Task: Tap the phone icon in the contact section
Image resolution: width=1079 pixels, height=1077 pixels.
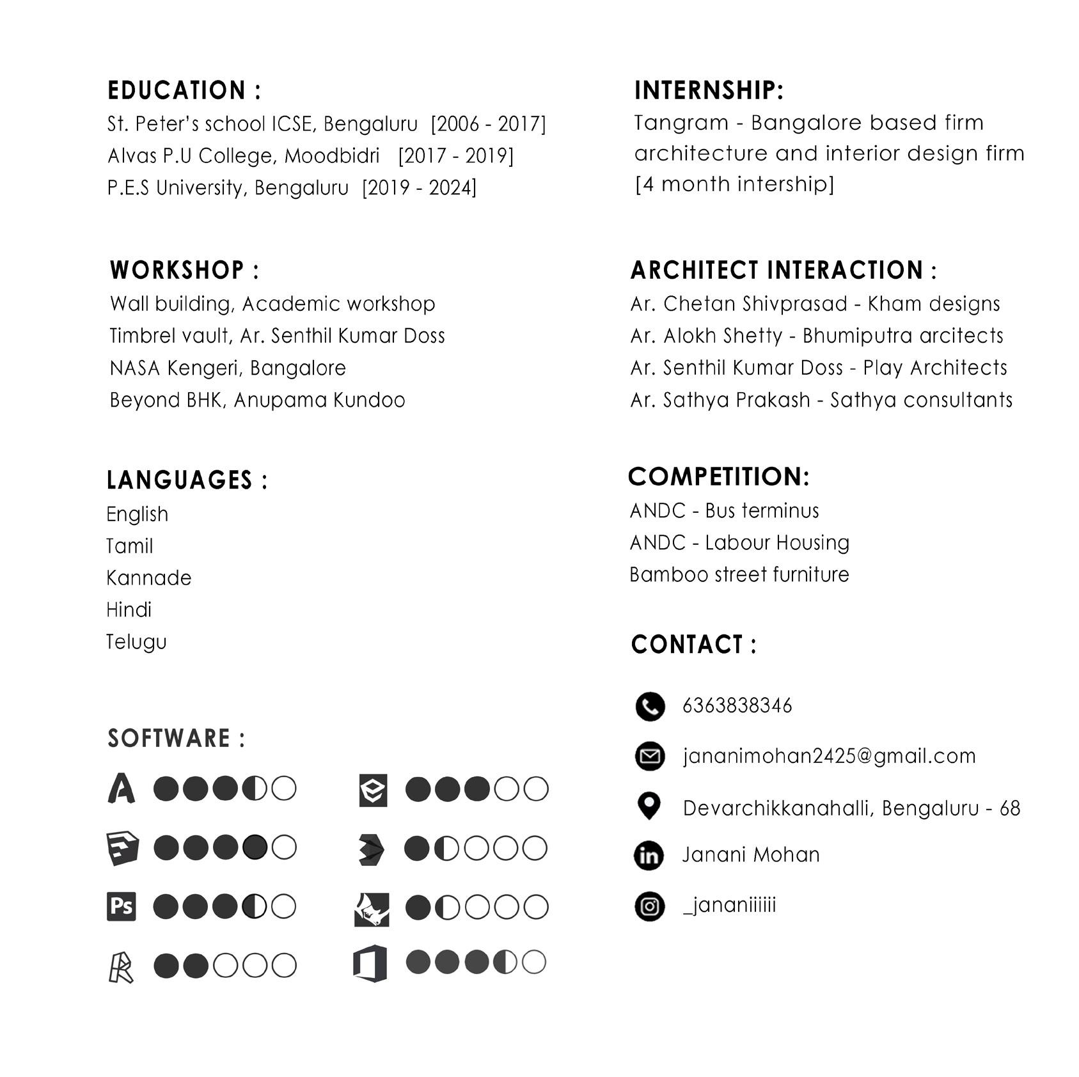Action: [650, 706]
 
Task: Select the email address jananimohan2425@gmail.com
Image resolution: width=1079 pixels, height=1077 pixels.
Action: [829, 756]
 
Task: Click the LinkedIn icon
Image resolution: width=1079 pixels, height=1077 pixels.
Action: [649, 856]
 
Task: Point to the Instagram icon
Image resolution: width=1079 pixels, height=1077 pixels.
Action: [649, 906]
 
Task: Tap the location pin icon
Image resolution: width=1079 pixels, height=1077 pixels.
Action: [649, 806]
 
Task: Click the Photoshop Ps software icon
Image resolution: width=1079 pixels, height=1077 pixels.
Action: [122, 906]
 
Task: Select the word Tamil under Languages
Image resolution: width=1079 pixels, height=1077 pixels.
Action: [130, 546]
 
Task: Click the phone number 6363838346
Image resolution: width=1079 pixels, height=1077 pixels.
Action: [737, 705]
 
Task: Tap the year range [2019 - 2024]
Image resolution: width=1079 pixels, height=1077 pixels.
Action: [420, 188]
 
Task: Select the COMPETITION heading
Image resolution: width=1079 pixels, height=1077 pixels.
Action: [719, 476]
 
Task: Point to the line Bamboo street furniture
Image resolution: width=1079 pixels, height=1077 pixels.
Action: [739, 574]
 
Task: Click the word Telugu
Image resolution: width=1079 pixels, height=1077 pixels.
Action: [136, 641]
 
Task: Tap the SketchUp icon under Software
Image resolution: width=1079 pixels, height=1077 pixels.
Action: [122, 848]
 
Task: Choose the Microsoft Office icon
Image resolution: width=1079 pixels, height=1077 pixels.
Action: [370, 963]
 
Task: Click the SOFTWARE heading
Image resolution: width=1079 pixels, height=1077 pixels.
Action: [176, 738]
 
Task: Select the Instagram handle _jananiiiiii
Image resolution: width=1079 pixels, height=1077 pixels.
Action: [729, 905]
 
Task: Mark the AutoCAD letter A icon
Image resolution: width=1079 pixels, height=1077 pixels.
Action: [122, 788]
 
